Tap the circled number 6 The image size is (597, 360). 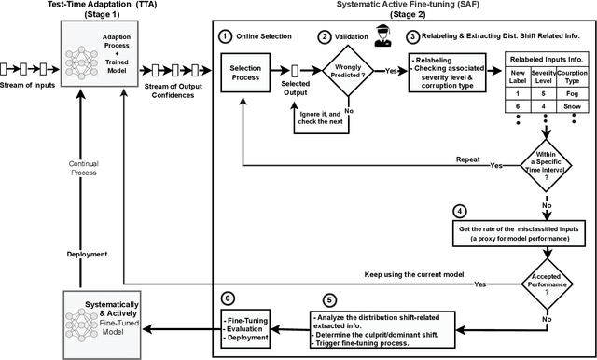(227, 300)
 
